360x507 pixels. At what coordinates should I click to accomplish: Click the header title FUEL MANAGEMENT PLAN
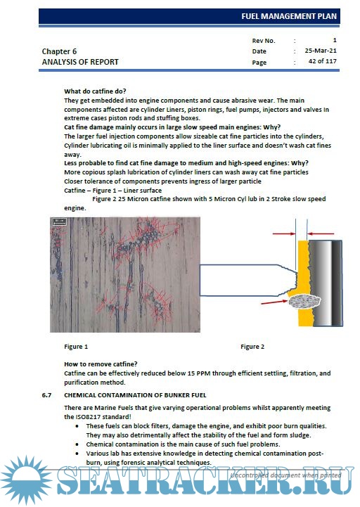(289, 16)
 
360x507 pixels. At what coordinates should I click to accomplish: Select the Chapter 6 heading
(59, 51)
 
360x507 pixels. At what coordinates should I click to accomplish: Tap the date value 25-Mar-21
(321, 51)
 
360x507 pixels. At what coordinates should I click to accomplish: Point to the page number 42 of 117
(323, 61)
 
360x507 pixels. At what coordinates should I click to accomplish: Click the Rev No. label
(264, 41)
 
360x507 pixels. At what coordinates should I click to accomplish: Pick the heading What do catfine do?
(95, 91)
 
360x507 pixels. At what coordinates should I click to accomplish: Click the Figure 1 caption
(76, 347)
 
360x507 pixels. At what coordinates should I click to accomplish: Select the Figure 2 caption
(252, 347)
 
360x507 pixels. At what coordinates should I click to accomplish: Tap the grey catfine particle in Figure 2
(304, 302)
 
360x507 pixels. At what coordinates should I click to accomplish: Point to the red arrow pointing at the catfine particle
(274, 302)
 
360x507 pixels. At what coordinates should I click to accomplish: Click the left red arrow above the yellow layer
(284, 233)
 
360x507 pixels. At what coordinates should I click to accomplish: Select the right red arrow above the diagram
(321, 233)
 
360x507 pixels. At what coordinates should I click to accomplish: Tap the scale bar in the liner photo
(60, 222)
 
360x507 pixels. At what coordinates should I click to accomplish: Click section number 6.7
(46, 395)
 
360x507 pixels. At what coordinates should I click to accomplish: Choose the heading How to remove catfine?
(101, 364)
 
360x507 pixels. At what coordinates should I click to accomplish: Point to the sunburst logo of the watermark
(26, 480)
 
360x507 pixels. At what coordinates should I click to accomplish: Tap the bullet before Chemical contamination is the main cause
(77, 444)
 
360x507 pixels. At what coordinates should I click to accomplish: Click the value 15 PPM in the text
(199, 373)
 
